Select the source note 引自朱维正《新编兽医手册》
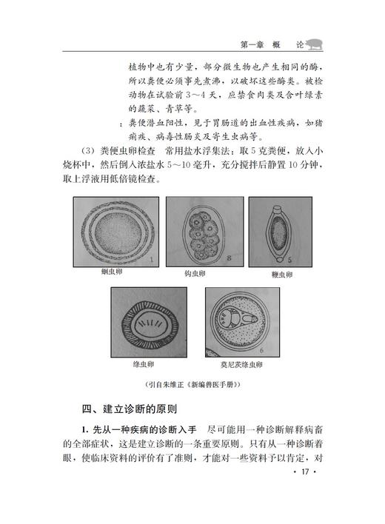coord(192,385)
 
